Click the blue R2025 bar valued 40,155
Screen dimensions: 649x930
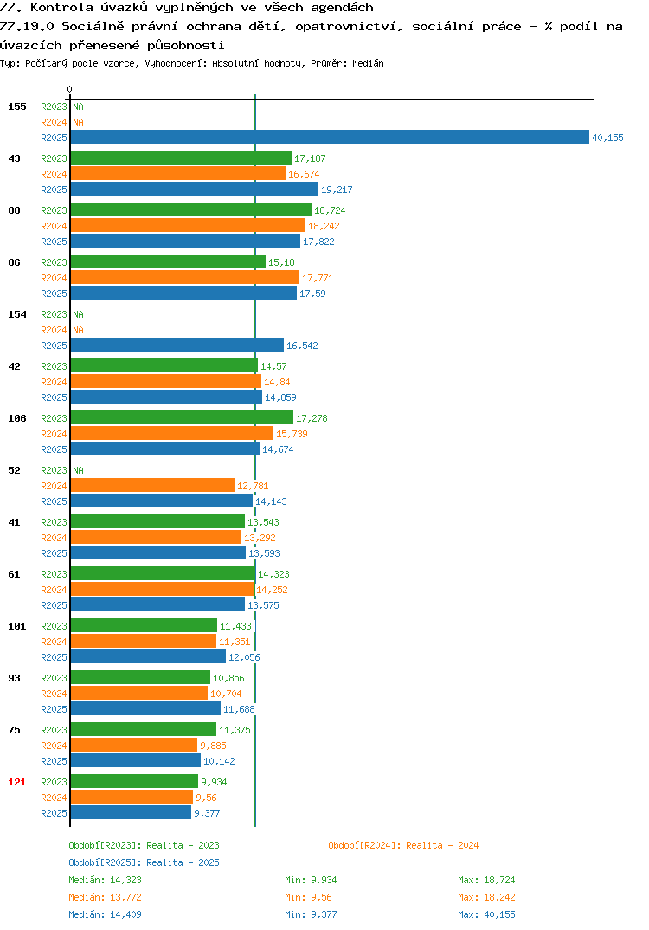[331, 137]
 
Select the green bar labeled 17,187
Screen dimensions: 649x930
[182, 158]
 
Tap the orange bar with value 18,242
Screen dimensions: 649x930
[188, 225]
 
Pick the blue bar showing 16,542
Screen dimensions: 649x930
[177, 345]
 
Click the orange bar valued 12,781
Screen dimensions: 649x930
[153, 485]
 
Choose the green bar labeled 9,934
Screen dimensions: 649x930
[134, 781]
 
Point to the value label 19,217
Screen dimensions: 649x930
[337, 190]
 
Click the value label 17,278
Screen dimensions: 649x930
[312, 418]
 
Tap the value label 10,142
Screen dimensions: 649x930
[219, 761]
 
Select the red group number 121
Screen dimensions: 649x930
[17, 782]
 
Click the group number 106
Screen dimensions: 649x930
[17, 418]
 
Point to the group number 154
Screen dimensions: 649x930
[17, 314]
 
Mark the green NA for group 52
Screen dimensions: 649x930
[78, 470]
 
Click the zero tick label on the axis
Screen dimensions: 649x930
[69, 89]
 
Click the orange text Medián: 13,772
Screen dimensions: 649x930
[105, 897]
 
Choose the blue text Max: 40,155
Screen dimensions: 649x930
[486, 914]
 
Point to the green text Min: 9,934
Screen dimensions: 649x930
[311, 880]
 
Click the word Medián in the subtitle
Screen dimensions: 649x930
[368, 63]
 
